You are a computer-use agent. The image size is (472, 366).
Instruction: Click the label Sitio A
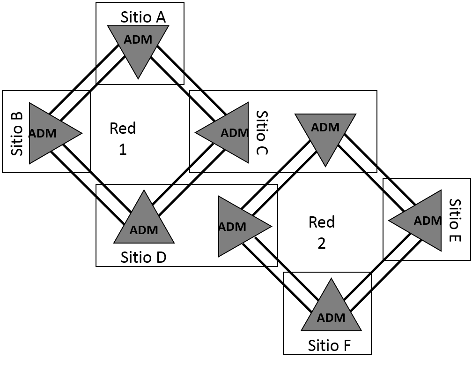pos(143,17)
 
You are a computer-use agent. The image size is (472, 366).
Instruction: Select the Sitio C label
pos(262,133)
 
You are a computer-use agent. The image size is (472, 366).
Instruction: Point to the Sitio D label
pos(143,257)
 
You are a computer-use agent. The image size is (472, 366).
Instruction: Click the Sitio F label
pos(329,346)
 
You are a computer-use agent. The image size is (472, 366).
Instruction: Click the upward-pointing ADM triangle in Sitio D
pos(144,222)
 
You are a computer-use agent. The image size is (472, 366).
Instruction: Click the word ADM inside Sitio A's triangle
pos(138,40)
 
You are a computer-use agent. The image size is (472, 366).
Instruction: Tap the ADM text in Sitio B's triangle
pos(43,133)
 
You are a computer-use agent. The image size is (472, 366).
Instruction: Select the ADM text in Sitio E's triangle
pos(428,220)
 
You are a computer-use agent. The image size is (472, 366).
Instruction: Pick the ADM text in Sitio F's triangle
pos(331,318)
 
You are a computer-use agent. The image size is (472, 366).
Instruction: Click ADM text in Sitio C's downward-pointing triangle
pos(325,127)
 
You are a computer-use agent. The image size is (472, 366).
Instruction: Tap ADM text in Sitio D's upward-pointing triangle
pos(144,230)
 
